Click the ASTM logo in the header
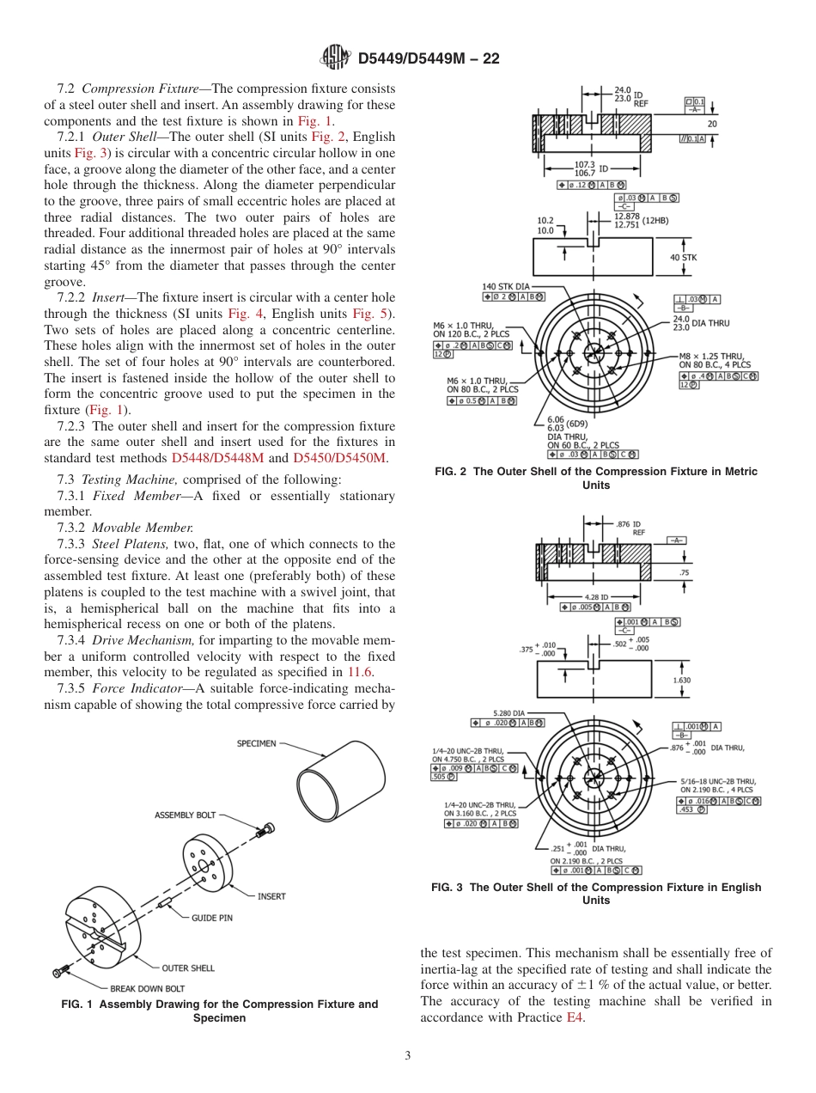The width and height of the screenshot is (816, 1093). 335,58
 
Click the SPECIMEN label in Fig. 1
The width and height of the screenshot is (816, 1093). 257,743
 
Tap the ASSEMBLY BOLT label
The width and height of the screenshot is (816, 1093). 185,815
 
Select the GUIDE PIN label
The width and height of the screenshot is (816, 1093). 211,918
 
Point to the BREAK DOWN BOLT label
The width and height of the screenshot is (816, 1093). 147,988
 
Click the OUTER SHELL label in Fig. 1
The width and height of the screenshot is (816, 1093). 188,968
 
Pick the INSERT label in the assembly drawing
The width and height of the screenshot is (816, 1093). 271,896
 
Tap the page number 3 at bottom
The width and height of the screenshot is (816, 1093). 407,1055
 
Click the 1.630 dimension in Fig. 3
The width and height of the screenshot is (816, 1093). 681,680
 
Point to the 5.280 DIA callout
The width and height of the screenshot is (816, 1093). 508,712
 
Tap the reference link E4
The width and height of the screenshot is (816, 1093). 575,1017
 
